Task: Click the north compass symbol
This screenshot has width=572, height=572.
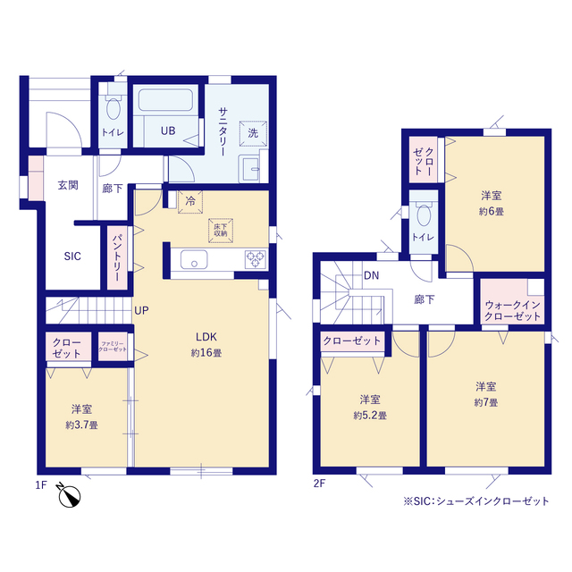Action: tap(69, 495)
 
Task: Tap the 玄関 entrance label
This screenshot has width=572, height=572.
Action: tap(68, 185)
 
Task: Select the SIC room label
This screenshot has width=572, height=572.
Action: tap(72, 257)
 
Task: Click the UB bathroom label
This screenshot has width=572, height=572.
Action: tap(168, 130)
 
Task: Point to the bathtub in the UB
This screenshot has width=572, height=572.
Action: tap(165, 99)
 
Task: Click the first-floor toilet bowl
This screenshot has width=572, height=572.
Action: tap(114, 108)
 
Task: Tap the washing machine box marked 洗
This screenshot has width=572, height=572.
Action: tap(253, 133)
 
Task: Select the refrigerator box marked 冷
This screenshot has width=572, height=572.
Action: tap(190, 201)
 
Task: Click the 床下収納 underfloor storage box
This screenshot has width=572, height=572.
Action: tap(221, 231)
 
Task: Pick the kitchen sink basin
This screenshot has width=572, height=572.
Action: tap(194, 259)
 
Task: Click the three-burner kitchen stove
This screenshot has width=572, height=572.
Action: tap(256, 259)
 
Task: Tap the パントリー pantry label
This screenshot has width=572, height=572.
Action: tap(117, 257)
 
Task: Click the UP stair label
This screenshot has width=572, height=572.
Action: tap(141, 310)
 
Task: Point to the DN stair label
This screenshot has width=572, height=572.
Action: tap(372, 275)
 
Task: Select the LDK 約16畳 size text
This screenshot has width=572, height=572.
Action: tap(206, 353)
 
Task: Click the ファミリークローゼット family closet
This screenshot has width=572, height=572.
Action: tap(113, 346)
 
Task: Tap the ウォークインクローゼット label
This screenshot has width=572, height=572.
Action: tap(512, 310)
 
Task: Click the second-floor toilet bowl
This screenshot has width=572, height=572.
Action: tap(424, 214)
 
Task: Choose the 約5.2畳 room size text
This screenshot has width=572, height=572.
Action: tap(370, 416)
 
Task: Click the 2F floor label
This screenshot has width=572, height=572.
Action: tap(319, 484)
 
